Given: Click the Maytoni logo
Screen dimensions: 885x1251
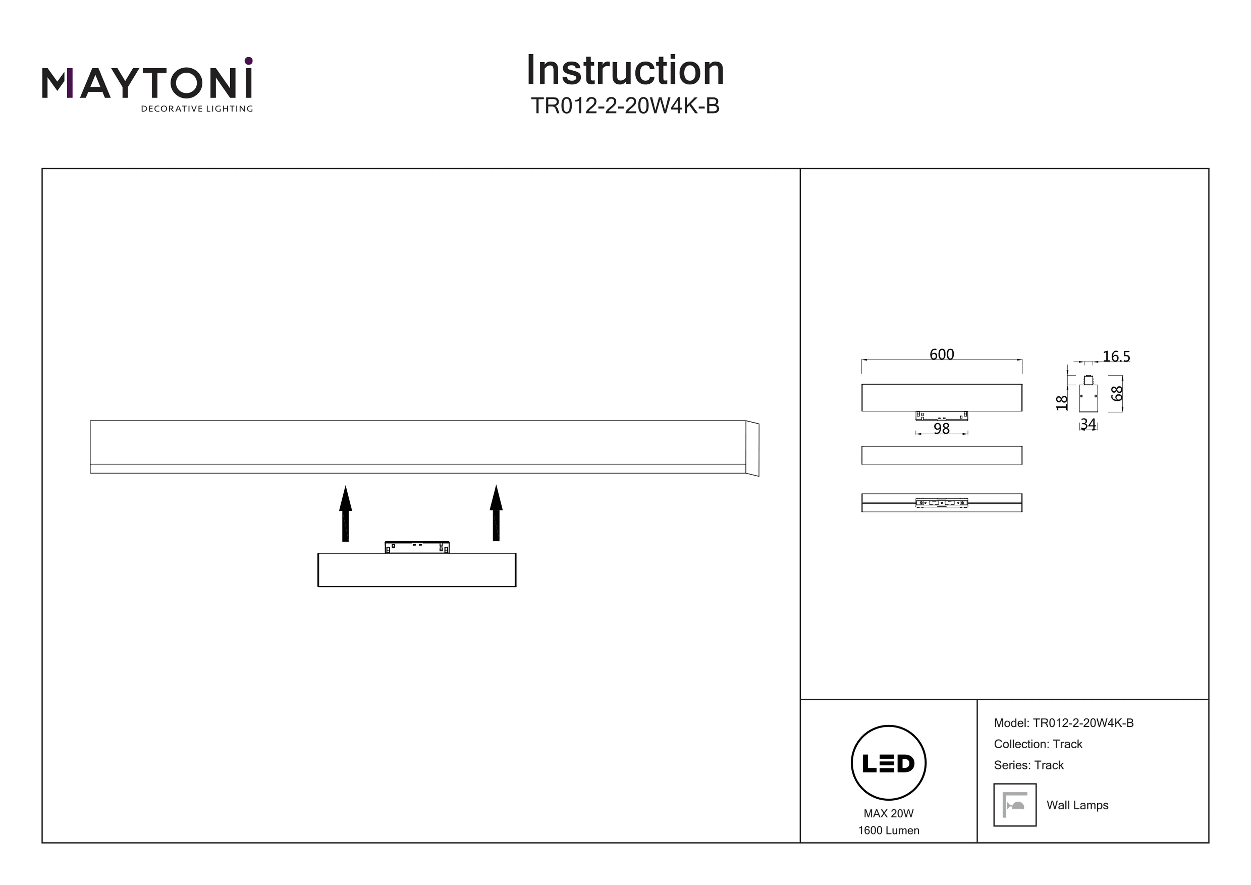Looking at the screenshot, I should pyautogui.click(x=147, y=84).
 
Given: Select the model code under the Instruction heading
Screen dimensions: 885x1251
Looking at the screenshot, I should pyautogui.click(x=625, y=106).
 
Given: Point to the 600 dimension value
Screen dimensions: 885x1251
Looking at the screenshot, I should pyautogui.click(x=942, y=354).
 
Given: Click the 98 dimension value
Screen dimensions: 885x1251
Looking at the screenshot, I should pyautogui.click(x=942, y=429).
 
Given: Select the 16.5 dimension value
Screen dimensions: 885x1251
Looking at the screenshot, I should pyautogui.click(x=1116, y=356).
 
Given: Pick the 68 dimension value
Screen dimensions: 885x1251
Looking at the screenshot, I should pyautogui.click(x=1117, y=394).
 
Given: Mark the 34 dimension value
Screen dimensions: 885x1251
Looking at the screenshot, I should pyautogui.click(x=1088, y=424).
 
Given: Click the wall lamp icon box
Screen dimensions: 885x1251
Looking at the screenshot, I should pyautogui.click(x=1015, y=805).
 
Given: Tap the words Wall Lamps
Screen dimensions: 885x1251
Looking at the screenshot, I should pyautogui.click(x=1077, y=805).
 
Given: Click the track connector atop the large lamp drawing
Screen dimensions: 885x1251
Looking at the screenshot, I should pyautogui.click(x=417, y=547).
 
